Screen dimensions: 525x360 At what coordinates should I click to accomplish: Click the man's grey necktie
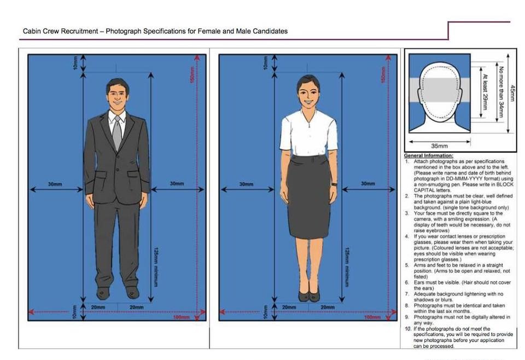click(117, 132)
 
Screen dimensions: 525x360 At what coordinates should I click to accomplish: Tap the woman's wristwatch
click(334, 184)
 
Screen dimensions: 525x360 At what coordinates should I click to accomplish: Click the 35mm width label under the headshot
click(439, 146)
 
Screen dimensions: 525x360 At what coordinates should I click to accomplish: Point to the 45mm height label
click(512, 94)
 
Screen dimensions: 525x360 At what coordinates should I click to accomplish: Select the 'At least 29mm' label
click(485, 92)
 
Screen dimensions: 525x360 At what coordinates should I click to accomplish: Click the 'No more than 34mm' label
click(501, 92)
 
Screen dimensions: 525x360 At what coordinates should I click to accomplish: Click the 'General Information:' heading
click(429, 155)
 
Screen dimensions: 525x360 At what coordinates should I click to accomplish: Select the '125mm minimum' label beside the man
click(156, 267)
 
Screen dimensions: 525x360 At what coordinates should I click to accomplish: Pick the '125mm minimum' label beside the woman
click(347, 267)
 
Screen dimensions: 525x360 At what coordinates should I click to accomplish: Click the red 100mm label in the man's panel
click(182, 317)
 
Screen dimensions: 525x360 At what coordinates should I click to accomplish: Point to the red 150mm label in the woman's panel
click(384, 74)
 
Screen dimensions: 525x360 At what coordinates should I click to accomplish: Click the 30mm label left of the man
click(55, 184)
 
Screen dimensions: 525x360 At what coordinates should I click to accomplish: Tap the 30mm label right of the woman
click(368, 183)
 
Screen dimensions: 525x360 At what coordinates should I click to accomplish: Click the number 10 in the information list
click(407, 328)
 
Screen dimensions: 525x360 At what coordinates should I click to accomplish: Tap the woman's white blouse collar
click(309, 115)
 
